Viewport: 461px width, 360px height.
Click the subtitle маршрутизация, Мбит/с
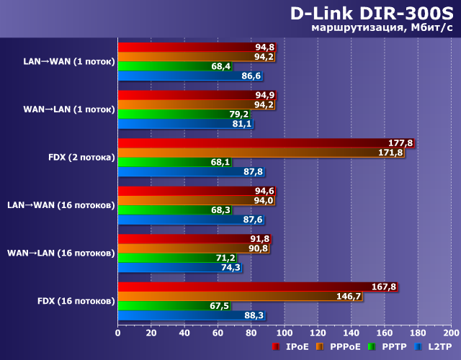tap(382, 29)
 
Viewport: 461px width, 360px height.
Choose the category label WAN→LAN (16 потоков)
tap(61, 253)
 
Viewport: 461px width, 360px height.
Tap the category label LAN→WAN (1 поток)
tap(68, 61)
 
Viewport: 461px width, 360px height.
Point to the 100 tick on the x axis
tap(284, 333)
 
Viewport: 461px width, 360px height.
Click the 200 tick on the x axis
tap(450, 333)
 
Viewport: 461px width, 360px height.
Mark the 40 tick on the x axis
tap(184, 333)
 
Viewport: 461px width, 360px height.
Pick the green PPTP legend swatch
tap(372, 347)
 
